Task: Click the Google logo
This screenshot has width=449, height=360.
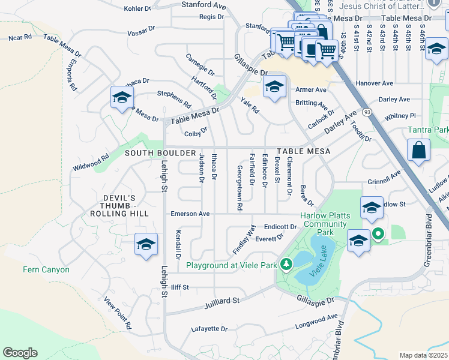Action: click(20, 352)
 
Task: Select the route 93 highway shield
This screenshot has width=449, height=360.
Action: click(366, 112)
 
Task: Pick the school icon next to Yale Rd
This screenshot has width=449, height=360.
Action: click(274, 88)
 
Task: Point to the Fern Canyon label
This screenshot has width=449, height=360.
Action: click(46, 269)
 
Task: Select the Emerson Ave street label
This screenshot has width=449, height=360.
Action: click(190, 214)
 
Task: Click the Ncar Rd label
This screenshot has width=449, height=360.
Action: click(20, 37)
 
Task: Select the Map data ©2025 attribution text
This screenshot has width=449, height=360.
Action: click(424, 355)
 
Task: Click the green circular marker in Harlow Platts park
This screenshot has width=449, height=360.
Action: click(378, 234)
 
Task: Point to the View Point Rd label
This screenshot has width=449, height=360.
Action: click(117, 313)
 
